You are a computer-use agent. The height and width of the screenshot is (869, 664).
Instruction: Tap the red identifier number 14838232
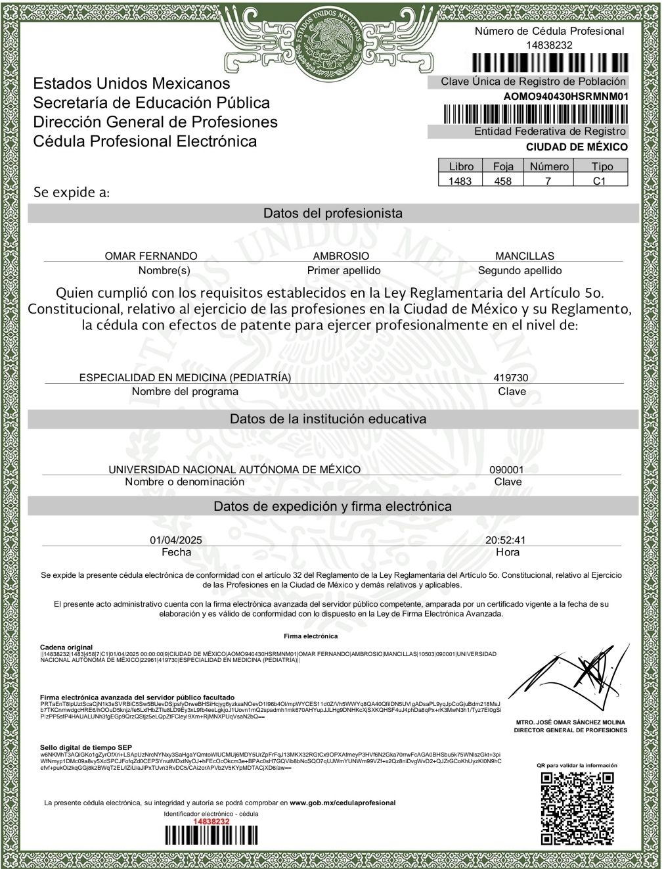coord(211,822)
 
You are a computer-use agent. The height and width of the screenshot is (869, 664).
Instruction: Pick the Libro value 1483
coord(460,181)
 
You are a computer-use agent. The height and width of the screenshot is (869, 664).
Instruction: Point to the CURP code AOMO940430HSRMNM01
coord(565,96)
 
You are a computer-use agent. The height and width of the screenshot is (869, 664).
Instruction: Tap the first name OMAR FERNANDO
coord(151,256)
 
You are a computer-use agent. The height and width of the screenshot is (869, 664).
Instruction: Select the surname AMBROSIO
coord(341,256)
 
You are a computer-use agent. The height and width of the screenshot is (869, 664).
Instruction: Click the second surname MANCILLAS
coord(524,256)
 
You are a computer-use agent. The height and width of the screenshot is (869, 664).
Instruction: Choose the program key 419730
coord(511,378)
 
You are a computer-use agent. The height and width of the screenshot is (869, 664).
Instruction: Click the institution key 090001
coord(507,469)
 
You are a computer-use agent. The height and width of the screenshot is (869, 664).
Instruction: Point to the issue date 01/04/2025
coord(176,540)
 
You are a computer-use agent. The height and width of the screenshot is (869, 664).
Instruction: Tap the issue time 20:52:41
coord(506,540)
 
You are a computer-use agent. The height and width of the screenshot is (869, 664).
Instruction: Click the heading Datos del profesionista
coord(332,213)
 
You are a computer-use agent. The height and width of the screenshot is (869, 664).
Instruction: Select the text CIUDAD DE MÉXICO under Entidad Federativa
coord(577,147)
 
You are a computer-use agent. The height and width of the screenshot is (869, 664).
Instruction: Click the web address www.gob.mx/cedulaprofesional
coord(343,803)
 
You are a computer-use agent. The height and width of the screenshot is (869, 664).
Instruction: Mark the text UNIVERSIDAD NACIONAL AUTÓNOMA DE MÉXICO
coord(234,469)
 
